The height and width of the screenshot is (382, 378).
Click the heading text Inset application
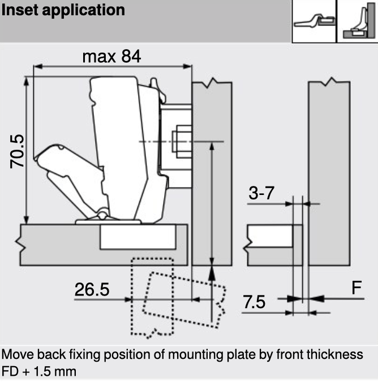pos(63,11)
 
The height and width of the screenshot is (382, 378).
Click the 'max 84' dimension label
pos(111,57)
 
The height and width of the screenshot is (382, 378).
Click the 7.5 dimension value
pos(254,302)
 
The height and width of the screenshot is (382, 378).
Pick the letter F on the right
pos(356,288)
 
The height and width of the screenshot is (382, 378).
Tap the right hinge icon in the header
pos(356,21)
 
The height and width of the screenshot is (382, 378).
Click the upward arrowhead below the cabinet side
pos(212,273)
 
